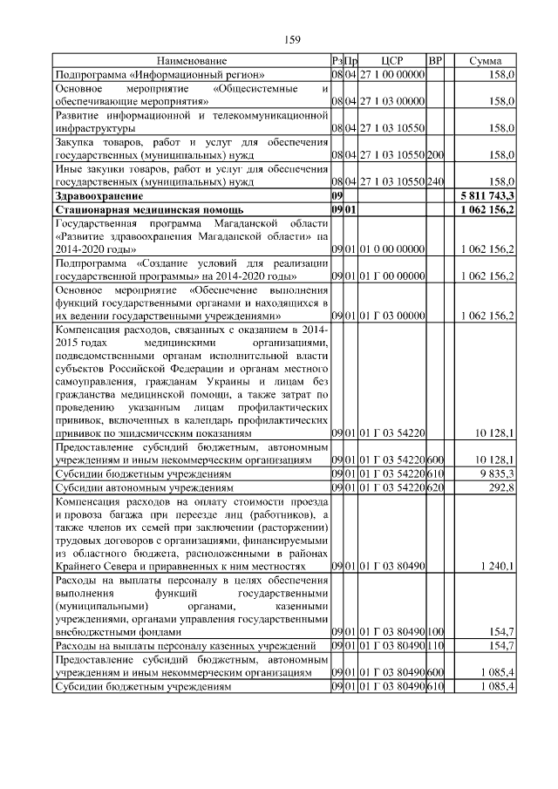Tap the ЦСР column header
coord(392,61)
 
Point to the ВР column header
coord(436,61)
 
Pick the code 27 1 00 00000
coord(392,76)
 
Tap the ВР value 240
coord(436,184)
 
